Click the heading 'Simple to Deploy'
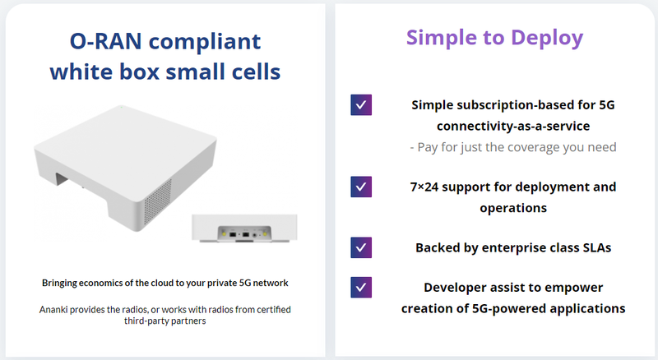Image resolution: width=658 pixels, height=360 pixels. click(x=494, y=39)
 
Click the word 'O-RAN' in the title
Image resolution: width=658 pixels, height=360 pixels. click(x=106, y=42)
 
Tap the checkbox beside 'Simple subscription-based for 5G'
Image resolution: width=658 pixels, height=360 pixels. click(x=361, y=105)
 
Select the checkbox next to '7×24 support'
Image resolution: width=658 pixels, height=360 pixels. click(x=361, y=187)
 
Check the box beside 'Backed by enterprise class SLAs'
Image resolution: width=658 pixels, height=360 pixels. click(x=361, y=247)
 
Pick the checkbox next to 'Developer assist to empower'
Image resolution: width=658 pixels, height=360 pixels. click(x=361, y=288)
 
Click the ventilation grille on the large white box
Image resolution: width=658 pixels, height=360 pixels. click(x=158, y=202)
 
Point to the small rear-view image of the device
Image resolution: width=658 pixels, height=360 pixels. click(x=244, y=228)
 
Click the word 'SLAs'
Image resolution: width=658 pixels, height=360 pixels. click(x=597, y=247)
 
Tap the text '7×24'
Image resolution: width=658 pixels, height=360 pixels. click(x=424, y=187)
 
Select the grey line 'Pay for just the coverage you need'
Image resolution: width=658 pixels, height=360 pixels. click(x=513, y=147)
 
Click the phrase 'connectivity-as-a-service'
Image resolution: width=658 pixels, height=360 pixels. click(x=513, y=126)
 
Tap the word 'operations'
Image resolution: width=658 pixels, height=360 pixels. click(x=513, y=208)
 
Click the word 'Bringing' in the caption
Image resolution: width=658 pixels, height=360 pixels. click(x=59, y=284)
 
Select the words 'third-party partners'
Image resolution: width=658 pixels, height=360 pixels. click(x=165, y=321)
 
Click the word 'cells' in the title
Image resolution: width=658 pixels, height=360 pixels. click(x=256, y=72)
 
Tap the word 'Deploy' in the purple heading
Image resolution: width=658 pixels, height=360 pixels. click(x=547, y=39)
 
